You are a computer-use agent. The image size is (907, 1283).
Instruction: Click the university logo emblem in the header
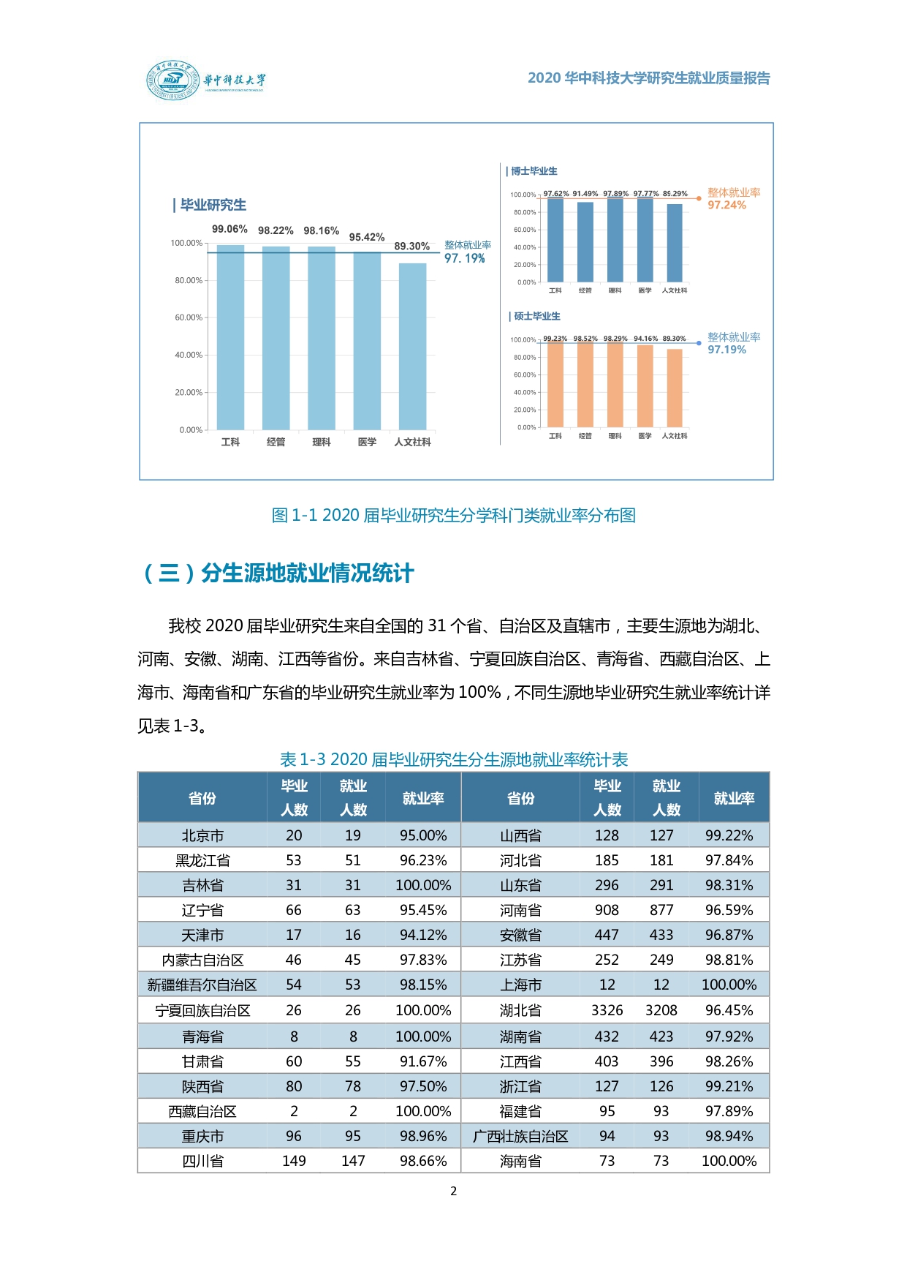(172, 80)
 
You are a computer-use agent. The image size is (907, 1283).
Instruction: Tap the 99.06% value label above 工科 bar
(229, 230)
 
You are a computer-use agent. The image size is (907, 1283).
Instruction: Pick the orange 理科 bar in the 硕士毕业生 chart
(615, 385)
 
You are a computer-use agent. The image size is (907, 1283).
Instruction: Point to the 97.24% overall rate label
(726, 206)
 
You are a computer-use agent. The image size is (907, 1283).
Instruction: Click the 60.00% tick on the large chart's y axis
(188, 317)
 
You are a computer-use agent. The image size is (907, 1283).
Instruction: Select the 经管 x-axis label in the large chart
(276, 442)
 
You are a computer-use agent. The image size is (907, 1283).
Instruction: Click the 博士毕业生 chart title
(534, 171)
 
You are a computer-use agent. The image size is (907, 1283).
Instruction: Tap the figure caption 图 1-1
(453, 516)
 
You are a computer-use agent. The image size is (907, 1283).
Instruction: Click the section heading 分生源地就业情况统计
(307, 573)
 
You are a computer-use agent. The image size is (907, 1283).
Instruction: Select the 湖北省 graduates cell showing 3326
(607, 1010)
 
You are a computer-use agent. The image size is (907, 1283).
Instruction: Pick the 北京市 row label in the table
(202, 835)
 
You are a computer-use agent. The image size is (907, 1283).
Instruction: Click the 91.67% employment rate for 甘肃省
(423, 1061)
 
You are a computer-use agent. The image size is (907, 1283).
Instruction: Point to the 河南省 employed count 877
(661, 910)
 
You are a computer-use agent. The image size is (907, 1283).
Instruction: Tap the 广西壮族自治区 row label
(520, 1136)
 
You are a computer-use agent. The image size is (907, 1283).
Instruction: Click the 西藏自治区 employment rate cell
(423, 1111)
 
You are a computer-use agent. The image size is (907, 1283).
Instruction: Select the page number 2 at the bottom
(453, 1191)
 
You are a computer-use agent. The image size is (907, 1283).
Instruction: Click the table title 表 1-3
(453, 760)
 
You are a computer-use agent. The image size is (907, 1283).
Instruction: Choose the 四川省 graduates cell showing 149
(294, 1161)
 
